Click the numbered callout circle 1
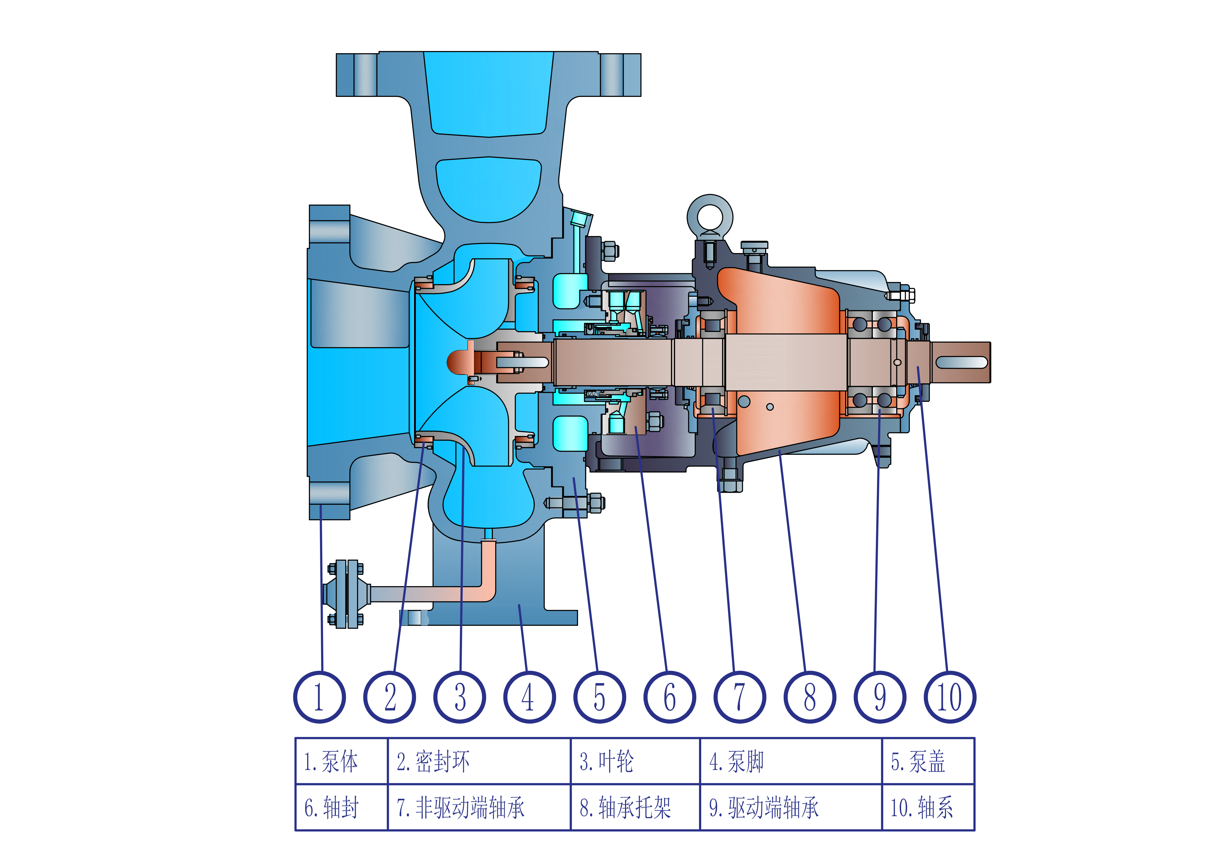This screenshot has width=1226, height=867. pyautogui.click(x=319, y=697)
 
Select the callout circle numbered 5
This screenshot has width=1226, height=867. pyautogui.click(x=600, y=697)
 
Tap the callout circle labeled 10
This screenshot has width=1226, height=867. pyautogui.click(x=950, y=697)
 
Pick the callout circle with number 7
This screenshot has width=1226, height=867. pyautogui.click(x=739, y=697)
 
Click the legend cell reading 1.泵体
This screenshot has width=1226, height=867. pyautogui.click(x=341, y=761)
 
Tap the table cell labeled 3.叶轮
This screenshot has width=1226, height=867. pyautogui.click(x=635, y=761)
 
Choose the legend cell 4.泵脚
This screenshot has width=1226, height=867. pyautogui.click(x=790, y=761)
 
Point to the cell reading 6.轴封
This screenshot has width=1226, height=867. pyautogui.click(x=341, y=807)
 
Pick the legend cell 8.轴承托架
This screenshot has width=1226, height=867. pyautogui.click(x=635, y=807)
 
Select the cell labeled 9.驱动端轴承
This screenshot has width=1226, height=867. pyautogui.click(x=790, y=807)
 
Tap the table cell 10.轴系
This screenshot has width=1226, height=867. pyautogui.click(x=928, y=807)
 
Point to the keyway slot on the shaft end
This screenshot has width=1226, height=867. pyautogui.click(x=961, y=363)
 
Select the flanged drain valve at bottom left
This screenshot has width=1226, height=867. pyautogui.click(x=346, y=594)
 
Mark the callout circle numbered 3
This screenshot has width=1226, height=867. pyautogui.click(x=460, y=697)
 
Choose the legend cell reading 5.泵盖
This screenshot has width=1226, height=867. pyautogui.click(x=928, y=761)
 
